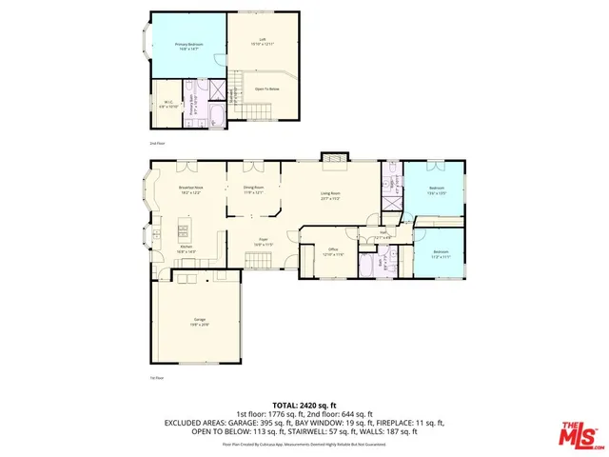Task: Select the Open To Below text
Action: click(265, 89)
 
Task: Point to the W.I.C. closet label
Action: click(167, 105)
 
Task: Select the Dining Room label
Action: click(253, 189)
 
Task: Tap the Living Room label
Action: click(330, 195)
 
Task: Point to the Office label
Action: click(333, 252)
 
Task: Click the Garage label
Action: click(199, 323)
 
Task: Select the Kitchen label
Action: click(187, 249)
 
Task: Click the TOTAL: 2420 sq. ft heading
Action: click(304, 405)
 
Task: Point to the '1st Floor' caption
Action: click(157, 379)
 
